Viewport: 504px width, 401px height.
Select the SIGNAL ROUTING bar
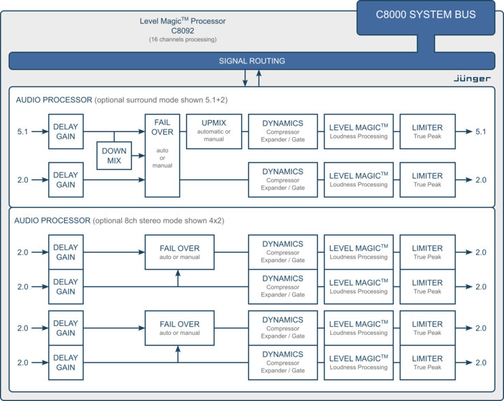251,61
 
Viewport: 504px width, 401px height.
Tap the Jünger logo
472,78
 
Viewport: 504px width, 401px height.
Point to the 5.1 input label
23,132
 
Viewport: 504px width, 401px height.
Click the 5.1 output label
481,132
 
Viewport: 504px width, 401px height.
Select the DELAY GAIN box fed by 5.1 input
65,132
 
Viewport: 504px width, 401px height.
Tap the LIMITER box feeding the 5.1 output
427,132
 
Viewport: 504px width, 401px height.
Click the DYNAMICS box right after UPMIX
283,132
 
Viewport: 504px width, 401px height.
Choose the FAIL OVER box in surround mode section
162,145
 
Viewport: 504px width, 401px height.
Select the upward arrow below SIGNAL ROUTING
258,78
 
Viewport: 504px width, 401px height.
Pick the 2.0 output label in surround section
481,180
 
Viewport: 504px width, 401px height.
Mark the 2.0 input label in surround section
23,180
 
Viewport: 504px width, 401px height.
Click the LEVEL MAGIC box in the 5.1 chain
358,132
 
